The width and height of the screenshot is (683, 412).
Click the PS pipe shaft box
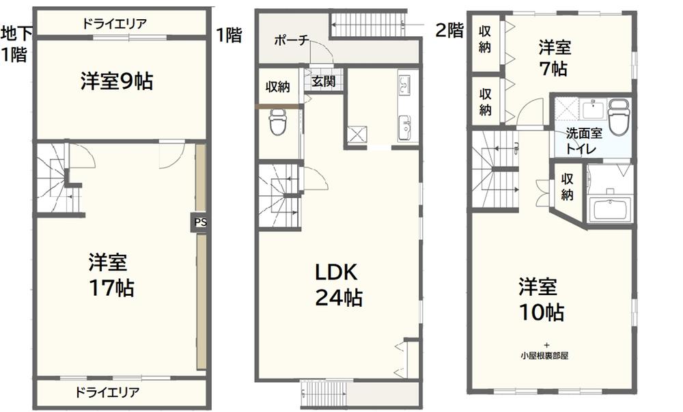[x=199, y=223]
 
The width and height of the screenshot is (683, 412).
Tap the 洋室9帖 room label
[x=117, y=81]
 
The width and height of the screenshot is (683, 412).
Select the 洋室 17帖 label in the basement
[x=111, y=275]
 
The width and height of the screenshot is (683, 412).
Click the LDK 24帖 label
[x=339, y=285]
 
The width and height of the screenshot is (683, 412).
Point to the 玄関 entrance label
[x=324, y=81]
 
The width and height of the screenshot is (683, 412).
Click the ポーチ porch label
[x=292, y=40]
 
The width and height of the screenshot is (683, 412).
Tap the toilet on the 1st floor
[x=277, y=122]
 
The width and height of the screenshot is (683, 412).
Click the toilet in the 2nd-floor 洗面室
[x=618, y=117]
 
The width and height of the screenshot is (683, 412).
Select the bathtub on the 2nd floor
[x=610, y=210]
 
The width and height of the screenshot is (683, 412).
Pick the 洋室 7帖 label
[x=554, y=58]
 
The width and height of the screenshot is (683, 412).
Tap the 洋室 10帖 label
[x=541, y=300]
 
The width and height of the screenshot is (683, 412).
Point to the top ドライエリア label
[x=115, y=23]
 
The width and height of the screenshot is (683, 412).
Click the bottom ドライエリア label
[x=108, y=392]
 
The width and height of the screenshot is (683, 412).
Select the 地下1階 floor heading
[x=16, y=44]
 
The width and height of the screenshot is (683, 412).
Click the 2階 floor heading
[x=449, y=31]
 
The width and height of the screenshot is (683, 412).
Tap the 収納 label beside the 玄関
[x=278, y=87]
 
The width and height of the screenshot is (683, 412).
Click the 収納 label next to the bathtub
[x=567, y=187]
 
